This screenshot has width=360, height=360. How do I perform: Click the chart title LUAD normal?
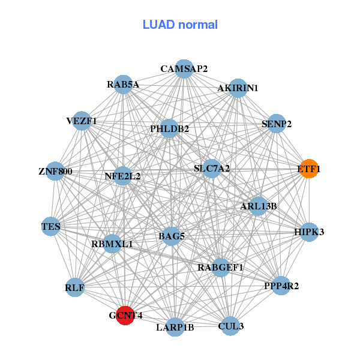[180, 25]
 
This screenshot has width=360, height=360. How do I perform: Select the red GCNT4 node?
[124, 315]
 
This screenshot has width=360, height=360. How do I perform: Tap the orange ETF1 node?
[309, 169]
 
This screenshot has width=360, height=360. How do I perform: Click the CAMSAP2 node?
[184, 69]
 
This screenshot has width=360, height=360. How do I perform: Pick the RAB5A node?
[124, 85]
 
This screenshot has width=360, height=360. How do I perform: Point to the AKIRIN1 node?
[238, 88]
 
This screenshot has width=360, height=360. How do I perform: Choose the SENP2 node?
[276, 124]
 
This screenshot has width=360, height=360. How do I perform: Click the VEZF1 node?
[82, 121]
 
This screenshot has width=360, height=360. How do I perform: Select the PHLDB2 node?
[170, 128]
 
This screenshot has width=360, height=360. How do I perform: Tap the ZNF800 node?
[55, 171]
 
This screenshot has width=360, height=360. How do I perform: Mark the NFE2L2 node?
[122, 176]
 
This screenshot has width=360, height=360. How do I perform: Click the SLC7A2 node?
[211, 169]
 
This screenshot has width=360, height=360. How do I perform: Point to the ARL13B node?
[258, 206]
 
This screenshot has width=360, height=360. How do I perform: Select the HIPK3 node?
[309, 232]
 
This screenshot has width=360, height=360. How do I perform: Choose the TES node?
[50, 226]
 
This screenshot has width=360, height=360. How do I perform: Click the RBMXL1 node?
[112, 244]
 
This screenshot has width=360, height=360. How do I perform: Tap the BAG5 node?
[171, 236]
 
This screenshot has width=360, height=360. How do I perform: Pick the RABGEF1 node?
[220, 267]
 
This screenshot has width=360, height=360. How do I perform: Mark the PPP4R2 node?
[281, 286]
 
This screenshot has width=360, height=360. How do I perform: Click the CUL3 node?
[231, 326]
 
